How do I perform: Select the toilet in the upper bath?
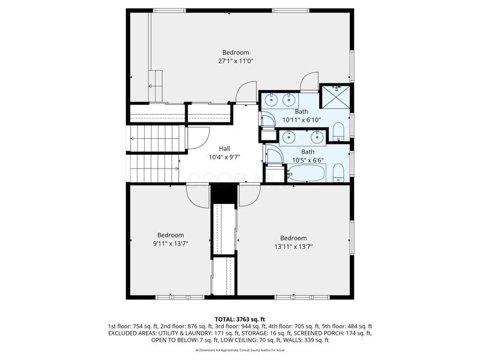pyautogui.click(x=338, y=131)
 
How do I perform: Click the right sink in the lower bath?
pyautogui.click(x=318, y=137)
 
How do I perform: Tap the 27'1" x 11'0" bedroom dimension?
pyautogui.click(x=235, y=61)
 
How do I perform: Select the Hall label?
pyautogui.click(x=224, y=149)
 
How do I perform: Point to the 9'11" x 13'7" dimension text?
pyautogui.click(x=170, y=243)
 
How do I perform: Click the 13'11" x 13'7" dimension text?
pyautogui.click(x=293, y=246)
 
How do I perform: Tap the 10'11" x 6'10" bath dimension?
pyautogui.click(x=301, y=120)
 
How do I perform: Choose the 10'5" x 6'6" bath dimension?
pyautogui.click(x=307, y=160)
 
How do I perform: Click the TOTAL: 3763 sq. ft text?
pyautogui.click(x=239, y=319)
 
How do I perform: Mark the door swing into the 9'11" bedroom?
pyautogui.click(x=198, y=194)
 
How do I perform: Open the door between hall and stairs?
pyautogui.click(x=197, y=139)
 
